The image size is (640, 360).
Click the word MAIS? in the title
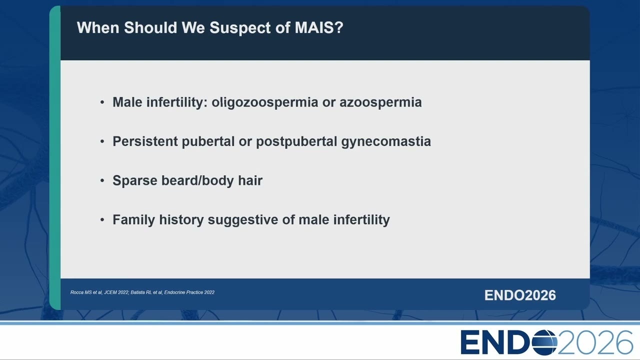319,27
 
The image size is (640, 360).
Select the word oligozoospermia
264,102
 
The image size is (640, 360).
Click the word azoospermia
380,103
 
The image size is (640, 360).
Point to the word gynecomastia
386,141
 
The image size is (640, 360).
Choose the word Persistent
145,141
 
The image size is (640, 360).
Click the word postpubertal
296,141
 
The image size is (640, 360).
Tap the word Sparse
135,180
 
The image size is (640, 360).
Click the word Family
133,219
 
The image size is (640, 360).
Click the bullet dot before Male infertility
102,102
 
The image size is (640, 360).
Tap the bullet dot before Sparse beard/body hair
102,180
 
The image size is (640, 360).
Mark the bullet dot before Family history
102,219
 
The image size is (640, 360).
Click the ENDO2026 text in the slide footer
520,295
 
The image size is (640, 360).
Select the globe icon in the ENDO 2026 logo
544,342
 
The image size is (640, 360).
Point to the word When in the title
98,27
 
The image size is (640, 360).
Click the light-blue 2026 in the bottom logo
595,342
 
